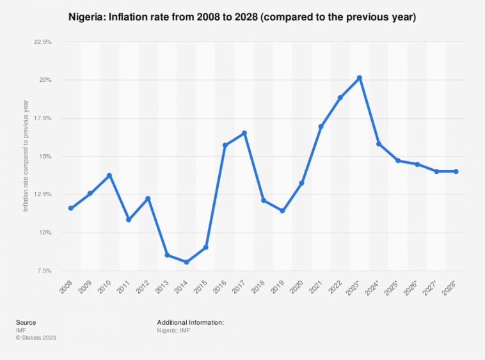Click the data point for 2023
[x=360, y=78]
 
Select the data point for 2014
[x=187, y=262]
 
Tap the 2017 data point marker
[x=244, y=133]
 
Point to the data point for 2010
[x=109, y=175]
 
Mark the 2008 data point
[x=71, y=208]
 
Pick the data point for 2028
[x=456, y=171]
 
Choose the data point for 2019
[x=283, y=210]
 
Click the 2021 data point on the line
[x=321, y=127]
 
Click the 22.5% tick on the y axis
[x=43, y=42]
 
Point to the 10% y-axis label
[x=45, y=233]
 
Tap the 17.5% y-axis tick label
[x=43, y=118]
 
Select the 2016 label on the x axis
[x=221, y=286]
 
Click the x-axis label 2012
[x=145, y=286]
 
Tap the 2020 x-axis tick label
[x=298, y=286]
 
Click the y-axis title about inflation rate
[x=26, y=156]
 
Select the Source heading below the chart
[x=26, y=322]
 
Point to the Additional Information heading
[x=190, y=322]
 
